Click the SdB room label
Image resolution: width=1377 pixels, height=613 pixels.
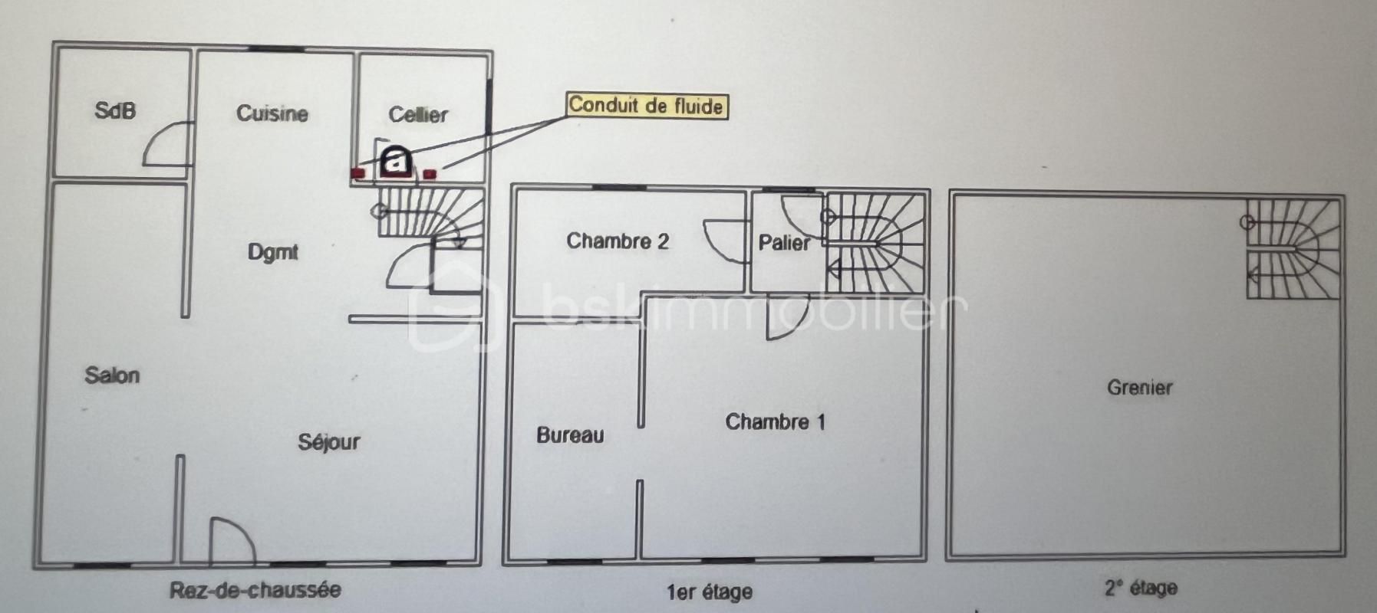(115, 111)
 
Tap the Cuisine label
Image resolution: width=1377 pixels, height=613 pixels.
(272, 113)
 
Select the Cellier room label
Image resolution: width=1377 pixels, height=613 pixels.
(418, 115)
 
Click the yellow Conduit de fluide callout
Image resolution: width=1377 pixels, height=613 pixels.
(647, 106)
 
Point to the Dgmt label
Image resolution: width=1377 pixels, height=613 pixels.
(273, 252)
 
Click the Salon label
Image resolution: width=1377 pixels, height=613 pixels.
(112, 375)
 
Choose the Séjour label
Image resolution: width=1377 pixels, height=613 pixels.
(329, 442)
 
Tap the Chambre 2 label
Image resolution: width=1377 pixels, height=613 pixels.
(618, 241)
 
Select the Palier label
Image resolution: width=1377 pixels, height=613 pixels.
(784, 243)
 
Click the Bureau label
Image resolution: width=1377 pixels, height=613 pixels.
(570, 435)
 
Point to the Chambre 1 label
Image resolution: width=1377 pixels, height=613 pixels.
(776, 422)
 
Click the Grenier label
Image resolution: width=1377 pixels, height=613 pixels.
(1140, 388)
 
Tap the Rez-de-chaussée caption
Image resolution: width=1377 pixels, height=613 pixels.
(255, 589)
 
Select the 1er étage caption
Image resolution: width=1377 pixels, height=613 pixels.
(710, 592)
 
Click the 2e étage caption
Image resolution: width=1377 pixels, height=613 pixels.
(1141, 588)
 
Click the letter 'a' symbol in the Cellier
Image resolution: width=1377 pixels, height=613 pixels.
(396, 160)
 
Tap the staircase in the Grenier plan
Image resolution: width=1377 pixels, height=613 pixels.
(1293, 249)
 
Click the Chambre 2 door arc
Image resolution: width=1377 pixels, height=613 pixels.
(726, 241)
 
